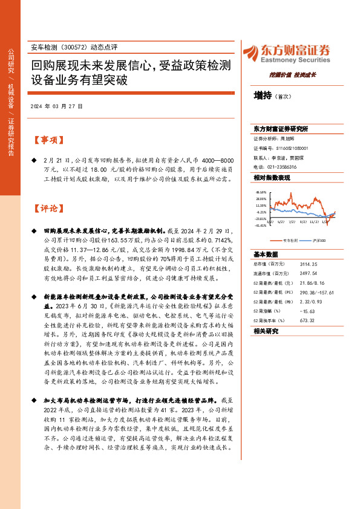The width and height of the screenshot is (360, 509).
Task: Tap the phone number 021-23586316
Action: tap(280, 166)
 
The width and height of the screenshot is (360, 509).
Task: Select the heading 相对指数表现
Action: tap(272, 178)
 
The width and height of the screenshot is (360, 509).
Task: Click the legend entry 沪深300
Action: tap(318, 240)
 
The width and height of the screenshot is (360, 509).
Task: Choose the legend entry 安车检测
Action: tap(291, 240)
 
